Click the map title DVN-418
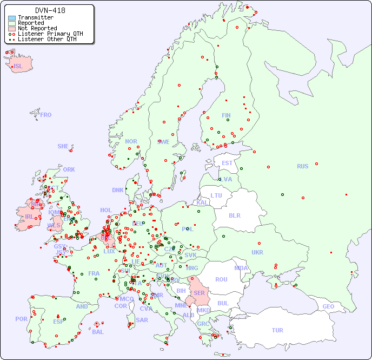[x=50, y=10]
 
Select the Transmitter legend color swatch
[x=12, y=17]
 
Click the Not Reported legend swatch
[x=12, y=28]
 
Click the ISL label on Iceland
[x=18, y=67]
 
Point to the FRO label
[x=46, y=115]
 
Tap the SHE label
[x=63, y=146]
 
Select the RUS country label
[x=302, y=166]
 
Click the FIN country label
[x=226, y=115]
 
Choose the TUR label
[x=277, y=330]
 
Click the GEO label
[x=328, y=306]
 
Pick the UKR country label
[x=257, y=252]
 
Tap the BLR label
[x=234, y=215]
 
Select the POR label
[x=21, y=319]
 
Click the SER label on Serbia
[x=199, y=293]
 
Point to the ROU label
[x=221, y=279]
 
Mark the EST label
[x=227, y=163]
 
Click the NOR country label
[x=131, y=141]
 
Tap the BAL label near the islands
[x=97, y=332]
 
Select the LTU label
[x=216, y=195]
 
